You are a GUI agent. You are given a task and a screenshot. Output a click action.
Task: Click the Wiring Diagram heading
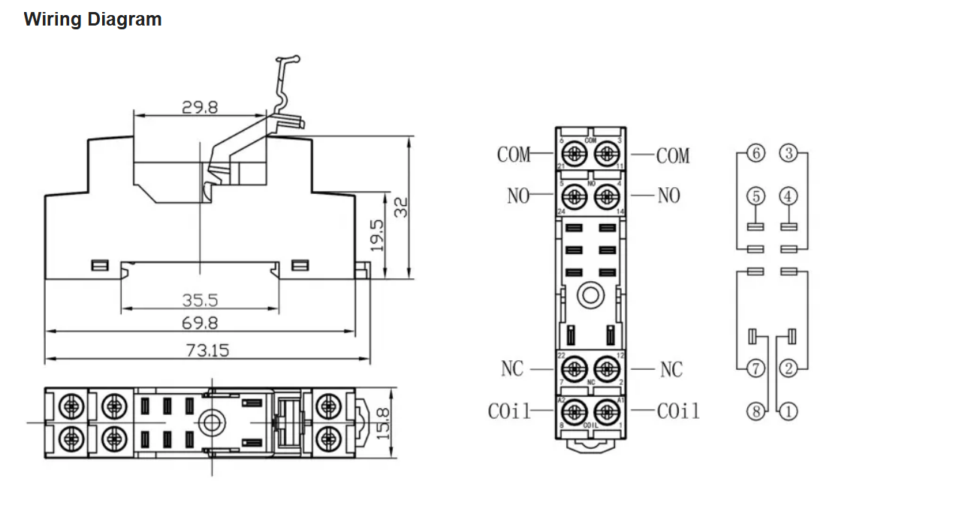[x=92, y=20]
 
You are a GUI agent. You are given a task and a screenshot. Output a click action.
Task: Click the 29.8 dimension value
[x=200, y=108]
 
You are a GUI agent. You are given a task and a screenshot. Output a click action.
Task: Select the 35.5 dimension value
[x=200, y=301]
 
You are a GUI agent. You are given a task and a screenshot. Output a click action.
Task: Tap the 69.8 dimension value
[x=200, y=323]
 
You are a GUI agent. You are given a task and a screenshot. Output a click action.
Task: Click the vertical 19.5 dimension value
[x=378, y=234]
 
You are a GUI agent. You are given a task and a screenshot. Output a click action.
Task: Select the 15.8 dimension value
[x=384, y=423]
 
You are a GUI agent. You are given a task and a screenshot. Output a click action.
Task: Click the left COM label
[x=514, y=155]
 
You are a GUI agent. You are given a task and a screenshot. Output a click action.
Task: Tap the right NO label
[x=668, y=195]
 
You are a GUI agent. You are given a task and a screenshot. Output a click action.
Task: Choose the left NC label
[x=512, y=369]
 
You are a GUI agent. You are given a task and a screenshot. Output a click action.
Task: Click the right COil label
[x=677, y=411]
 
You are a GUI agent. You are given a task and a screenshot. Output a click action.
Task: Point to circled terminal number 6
[x=756, y=154]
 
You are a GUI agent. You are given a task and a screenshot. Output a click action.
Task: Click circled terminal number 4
[x=788, y=196]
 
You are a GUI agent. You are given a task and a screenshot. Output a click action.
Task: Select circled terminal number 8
[x=756, y=411]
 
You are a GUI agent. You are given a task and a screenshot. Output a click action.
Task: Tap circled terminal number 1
[x=789, y=411]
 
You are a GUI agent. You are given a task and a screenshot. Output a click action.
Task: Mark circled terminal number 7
[x=756, y=368]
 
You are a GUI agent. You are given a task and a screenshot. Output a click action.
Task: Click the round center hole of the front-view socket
[x=590, y=295]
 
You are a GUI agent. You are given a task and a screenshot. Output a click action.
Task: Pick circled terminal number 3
[x=788, y=154]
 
